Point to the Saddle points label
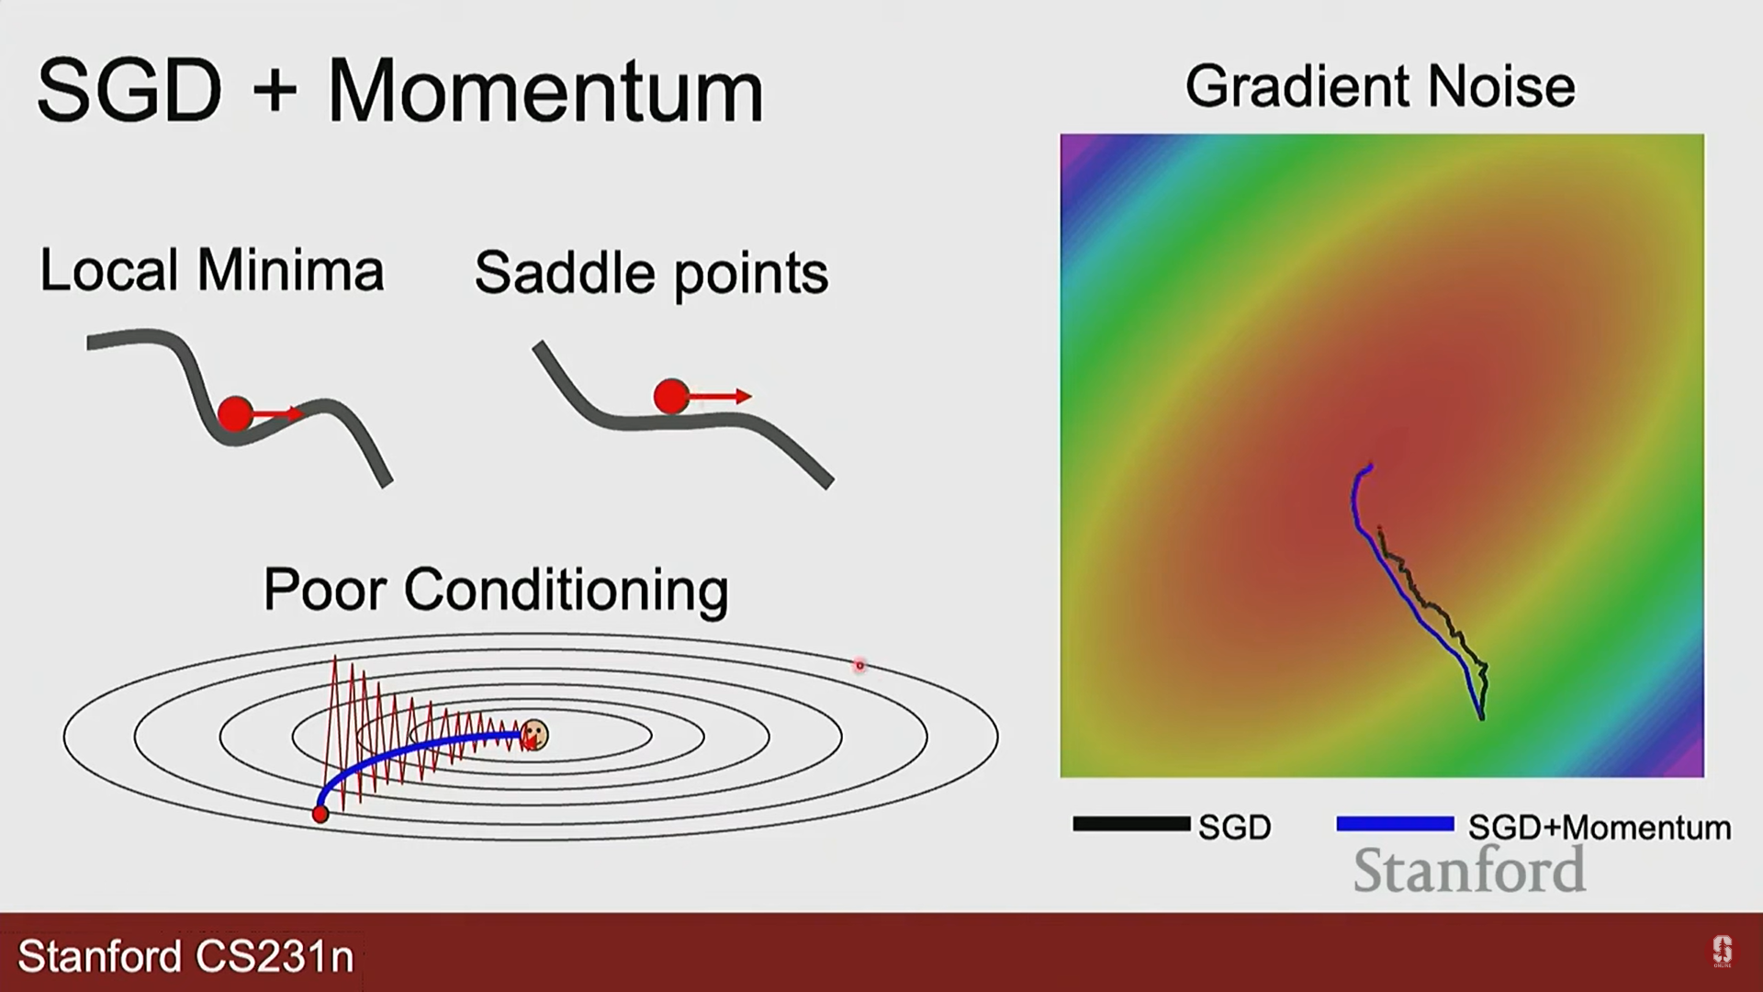click(651, 274)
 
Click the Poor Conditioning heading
click(496, 589)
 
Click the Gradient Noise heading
click(1380, 86)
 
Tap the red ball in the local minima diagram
click(235, 413)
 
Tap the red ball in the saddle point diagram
click(671, 397)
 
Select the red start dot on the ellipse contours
click(320, 814)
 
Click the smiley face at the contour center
click(533, 735)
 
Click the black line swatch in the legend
click(1131, 824)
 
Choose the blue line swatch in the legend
click(1395, 824)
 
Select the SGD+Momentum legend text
click(1600, 828)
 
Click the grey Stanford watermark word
click(1469, 870)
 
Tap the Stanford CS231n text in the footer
click(185, 956)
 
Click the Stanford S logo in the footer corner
click(1722, 951)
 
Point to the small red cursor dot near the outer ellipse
click(859, 665)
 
